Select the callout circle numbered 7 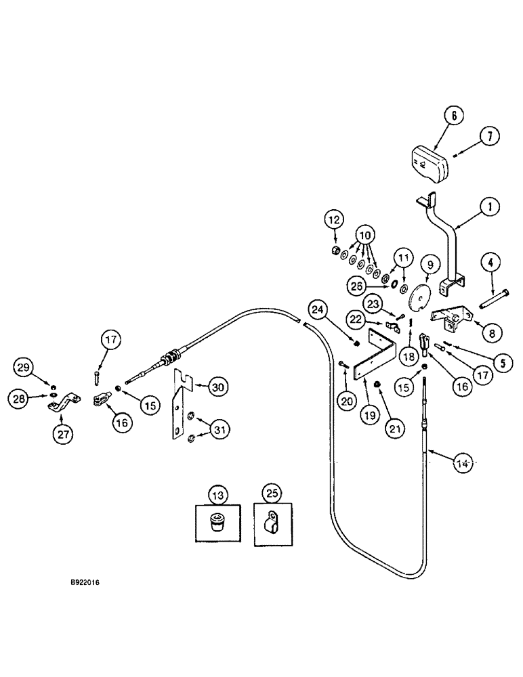488,137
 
